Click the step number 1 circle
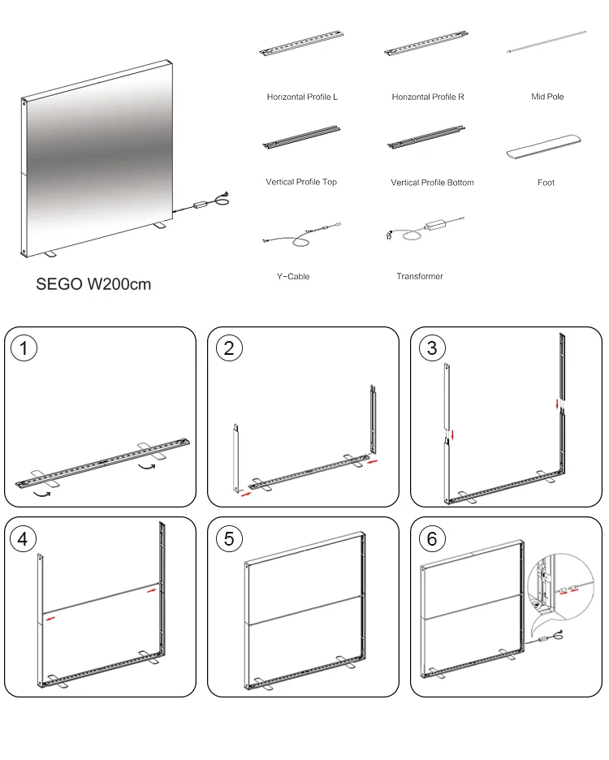click(x=25, y=348)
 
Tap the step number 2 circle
click(x=229, y=348)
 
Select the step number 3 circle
click(x=432, y=348)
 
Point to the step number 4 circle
click(x=25, y=538)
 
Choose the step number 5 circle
click(x=229, y=538)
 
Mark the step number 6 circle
click(x=432, y=538)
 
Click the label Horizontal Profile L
click(x=302, y=97)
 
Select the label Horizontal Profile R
click(x=428, y=97)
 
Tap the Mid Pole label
click(x=547, y=97)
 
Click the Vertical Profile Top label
click(x=301, y=182)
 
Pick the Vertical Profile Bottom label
click(x=432, y=183)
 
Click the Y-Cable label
click(x=292, y=277)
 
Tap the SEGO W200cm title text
click(x=93, y=285)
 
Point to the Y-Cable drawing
click(x=301, y=233)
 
